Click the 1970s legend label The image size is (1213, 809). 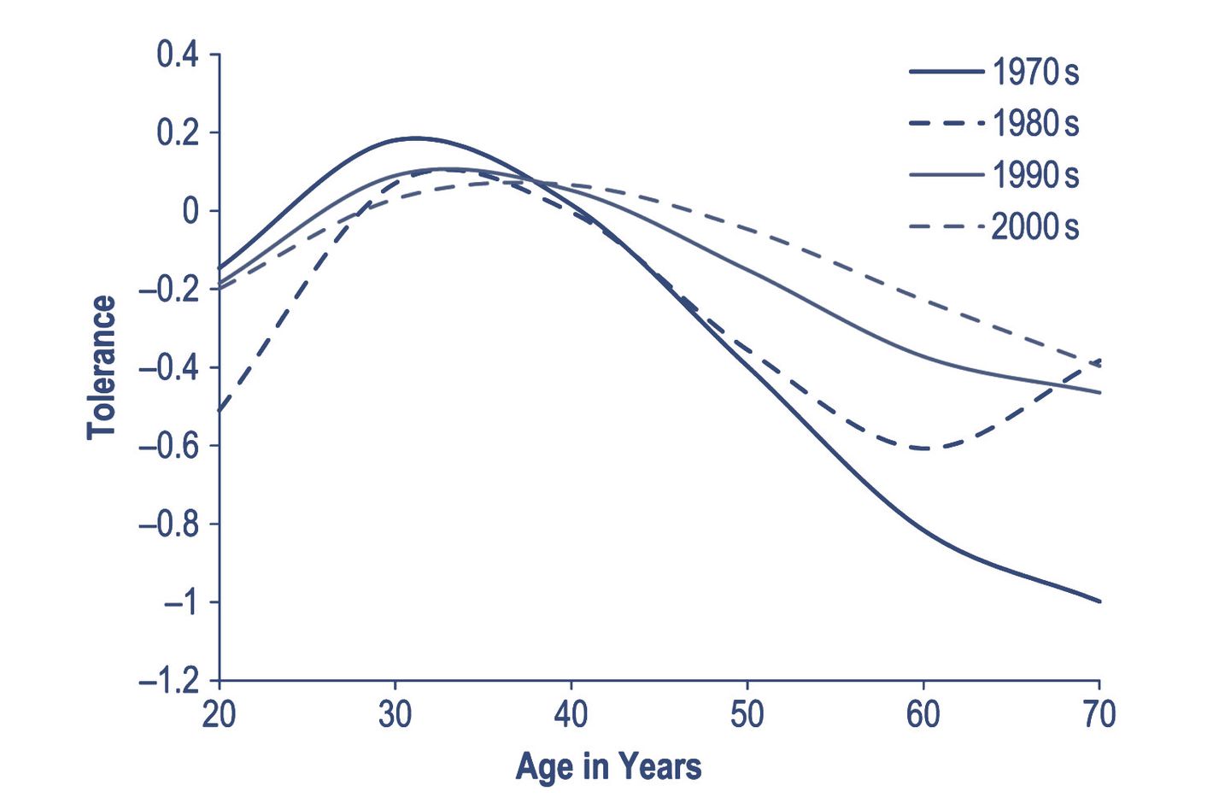(1035, 73)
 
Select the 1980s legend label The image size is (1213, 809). (1035, 124)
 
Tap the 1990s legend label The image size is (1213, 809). (1035, 175)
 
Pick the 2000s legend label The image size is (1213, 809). (1035, 227)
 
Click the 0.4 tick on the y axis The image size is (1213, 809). (177, 55)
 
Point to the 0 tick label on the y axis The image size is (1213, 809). (190, 211)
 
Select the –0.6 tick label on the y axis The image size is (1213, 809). (168, 446)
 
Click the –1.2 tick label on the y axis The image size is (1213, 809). (168, 681)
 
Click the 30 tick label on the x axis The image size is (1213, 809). (395, 714)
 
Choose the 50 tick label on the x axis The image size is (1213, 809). (747, 714)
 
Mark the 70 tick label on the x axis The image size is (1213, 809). (1099, 714)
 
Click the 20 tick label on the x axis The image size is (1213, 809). (220, 714)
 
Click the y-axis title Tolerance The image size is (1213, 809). (101, 367)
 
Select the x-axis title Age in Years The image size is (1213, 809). (608, 766)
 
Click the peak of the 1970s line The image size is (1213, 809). (414, 138)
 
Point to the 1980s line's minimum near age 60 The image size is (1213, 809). (924, 448)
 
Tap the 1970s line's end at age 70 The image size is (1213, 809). (1099, 601)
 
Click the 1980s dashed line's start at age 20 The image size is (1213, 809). (220, 411)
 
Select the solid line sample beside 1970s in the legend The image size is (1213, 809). (946, 73)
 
